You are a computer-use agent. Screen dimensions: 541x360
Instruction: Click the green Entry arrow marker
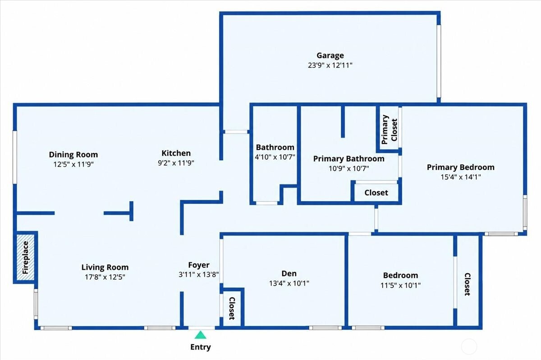tap(200, 335)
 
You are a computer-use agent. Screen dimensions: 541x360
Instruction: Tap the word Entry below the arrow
tap(201, 347)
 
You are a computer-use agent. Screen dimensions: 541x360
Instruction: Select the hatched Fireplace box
tap(25, 257)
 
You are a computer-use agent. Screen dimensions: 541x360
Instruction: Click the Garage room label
tap(330, 55)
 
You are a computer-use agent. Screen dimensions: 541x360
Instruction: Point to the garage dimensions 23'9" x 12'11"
tap(330, 65)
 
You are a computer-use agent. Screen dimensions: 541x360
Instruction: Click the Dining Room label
tap(73, 154)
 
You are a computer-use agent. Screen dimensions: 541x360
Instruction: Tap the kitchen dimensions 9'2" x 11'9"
tap(176, 163)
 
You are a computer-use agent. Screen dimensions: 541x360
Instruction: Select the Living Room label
tap(105, 267)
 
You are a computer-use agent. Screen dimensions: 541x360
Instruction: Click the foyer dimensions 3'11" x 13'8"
tap(198, 275)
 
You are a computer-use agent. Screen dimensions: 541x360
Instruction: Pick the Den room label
tap(289, 273)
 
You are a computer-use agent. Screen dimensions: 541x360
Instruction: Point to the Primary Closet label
tap(389, 130)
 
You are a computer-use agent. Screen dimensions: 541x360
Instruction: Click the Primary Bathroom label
tap(349, 158)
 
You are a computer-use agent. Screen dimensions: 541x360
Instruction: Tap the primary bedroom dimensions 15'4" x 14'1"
tap(461, 177)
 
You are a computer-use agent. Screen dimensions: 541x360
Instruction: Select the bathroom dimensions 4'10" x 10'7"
tap(275, 157)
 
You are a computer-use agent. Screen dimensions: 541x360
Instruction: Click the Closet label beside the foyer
tap(232, 308)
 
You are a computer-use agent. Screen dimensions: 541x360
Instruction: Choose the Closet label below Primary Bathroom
tap(376, 193)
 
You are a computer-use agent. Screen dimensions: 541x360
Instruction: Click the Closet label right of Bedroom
tap(468, 284)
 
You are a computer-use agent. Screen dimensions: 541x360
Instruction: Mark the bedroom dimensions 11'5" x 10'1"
tap(400, 286)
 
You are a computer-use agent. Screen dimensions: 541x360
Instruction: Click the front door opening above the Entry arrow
tap(202, 328)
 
